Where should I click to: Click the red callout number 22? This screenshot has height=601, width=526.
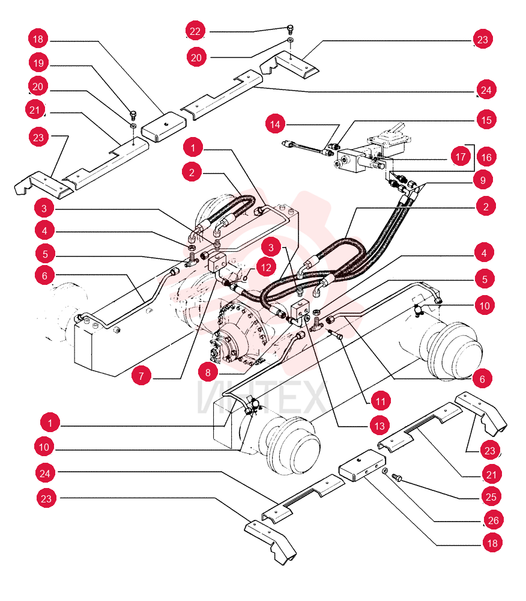point(195,31)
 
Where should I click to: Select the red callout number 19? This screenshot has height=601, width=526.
point(38,63)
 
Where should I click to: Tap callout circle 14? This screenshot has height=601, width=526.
point(275,124)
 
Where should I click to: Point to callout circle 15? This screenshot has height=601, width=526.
point(486,120)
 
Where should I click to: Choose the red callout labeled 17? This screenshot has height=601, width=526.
point(461,156)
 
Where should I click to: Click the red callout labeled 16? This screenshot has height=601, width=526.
point(486,157)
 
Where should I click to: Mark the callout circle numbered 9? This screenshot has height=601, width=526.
point(483,180)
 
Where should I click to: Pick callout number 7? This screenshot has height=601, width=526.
point(141,376)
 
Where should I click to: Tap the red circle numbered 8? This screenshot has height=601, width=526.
point(208,372)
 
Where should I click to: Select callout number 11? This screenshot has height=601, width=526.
point(381,401)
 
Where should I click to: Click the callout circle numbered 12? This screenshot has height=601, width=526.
point(266,267)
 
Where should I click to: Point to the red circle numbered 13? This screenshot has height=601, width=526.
point(379,426)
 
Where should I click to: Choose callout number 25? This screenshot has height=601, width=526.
point(491,497)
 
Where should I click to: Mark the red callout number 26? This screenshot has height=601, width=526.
point(494,520)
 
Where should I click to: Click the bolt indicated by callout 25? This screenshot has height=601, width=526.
point(397,478)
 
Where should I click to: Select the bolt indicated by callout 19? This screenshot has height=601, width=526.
point(133,115)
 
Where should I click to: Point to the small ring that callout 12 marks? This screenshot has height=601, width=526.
point(246,278)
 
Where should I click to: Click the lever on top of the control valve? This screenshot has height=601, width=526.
point(397,130)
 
